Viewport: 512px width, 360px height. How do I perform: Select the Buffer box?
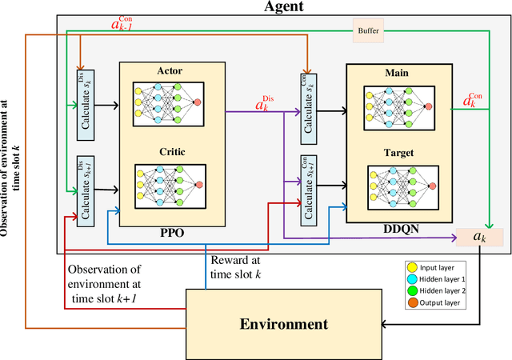(x=369, y=32)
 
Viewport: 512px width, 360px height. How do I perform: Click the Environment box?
(x=283, y=324)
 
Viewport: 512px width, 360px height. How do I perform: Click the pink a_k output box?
(x=479, y=238)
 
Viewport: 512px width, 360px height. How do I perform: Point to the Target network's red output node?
(x=433, y=186)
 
